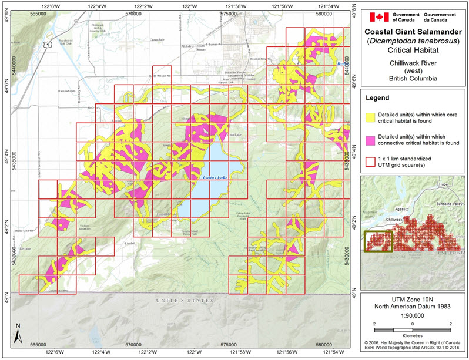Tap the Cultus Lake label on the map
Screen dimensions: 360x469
[x=203, y=177]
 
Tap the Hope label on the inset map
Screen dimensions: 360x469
[x=443, y=184]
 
